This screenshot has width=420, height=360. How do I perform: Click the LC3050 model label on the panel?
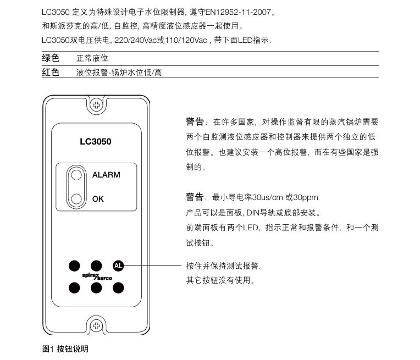point(96,142)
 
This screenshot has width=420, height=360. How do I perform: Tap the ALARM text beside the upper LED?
point(106,175)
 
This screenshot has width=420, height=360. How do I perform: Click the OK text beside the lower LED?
point(98,199)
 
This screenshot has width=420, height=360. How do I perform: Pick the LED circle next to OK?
point(78,199)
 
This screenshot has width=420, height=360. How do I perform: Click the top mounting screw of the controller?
point(96,104)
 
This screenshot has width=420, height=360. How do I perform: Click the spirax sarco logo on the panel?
point(96,276)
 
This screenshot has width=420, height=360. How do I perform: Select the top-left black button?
point(74,266)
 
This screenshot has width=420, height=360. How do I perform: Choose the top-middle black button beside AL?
point(96,266)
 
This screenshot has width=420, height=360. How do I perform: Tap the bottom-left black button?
point(74,287)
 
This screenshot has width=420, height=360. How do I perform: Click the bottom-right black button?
point(118,287)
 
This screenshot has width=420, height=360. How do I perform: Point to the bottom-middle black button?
point(96,287)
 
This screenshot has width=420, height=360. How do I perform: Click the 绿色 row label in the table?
point(51,58)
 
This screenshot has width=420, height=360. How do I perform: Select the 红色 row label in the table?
point(51,72)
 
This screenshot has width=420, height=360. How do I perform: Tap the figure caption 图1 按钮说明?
point(65,349)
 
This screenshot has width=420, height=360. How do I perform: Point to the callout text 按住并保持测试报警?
point(225,267)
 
